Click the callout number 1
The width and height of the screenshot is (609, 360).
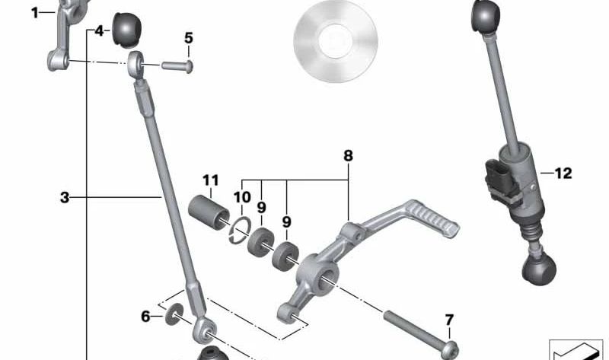[x=35, y=13]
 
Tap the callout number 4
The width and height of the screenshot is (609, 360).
[x=100, y=30]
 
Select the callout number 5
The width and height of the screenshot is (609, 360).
[x=188, y=38]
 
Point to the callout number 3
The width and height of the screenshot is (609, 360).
[x=65, y=198]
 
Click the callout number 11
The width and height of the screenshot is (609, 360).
[x=211, y=180]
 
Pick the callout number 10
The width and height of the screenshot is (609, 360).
[x=242, y=197]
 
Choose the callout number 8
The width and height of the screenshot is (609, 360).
[x=348, y=156]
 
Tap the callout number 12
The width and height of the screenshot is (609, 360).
[x=563, y=174]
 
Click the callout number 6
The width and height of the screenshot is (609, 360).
[x=145, y=317]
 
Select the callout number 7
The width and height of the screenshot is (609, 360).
[x=449, y=320]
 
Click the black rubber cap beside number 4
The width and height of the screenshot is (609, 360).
[x=126, y=30]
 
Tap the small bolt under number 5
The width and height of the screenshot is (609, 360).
[x=177, y=66]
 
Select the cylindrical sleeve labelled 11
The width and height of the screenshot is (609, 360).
[x=209, y=213]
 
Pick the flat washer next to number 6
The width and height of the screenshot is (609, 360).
[x=174, y=314]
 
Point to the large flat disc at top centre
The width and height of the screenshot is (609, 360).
[x=336, y=41]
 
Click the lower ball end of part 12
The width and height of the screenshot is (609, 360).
[x=539, y=269]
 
